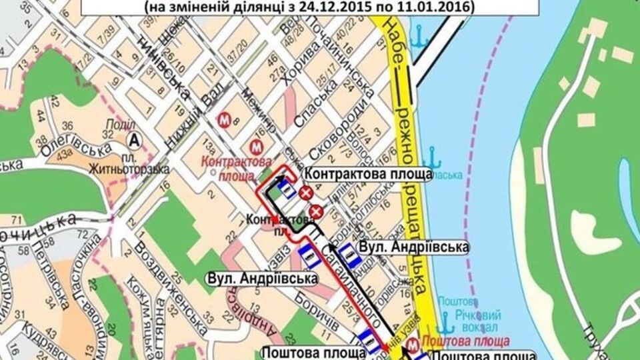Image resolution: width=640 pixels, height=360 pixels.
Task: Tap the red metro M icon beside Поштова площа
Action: (x=414, y=344)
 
